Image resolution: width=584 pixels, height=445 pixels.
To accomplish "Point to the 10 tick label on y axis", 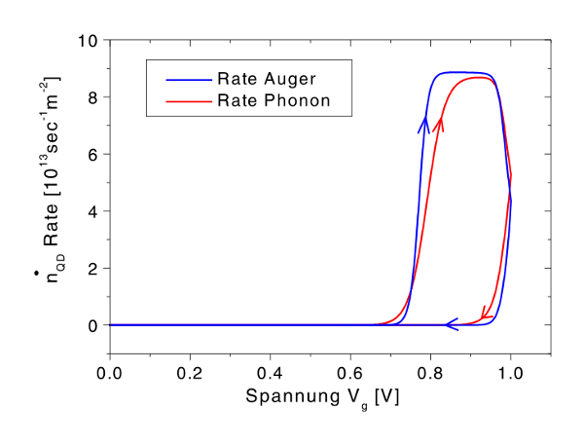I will (x=90, y=42).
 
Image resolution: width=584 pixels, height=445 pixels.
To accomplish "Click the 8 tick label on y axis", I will (x=93, y=98).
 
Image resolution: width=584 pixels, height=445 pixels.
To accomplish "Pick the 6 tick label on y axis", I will (x=93, y=155).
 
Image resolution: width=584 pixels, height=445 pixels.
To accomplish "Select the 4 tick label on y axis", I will (x=93, y=211).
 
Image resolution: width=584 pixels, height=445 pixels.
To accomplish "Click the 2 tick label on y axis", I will (x=93, y=268).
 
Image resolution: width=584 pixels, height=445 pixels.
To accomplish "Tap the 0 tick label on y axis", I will (x=93, y=325).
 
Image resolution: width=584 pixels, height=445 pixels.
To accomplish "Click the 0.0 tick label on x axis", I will (x=110, y=374).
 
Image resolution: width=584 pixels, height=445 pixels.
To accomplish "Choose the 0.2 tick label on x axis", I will (x=190, y=374).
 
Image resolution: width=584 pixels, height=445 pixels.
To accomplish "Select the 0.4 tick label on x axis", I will (x=270, y=374).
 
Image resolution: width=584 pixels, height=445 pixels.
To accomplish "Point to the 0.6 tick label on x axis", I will (x=350, y=374).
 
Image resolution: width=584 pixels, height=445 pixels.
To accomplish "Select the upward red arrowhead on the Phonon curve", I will (x=440, y=123).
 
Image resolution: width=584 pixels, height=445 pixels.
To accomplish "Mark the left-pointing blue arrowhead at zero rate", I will (x=452, y=324).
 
